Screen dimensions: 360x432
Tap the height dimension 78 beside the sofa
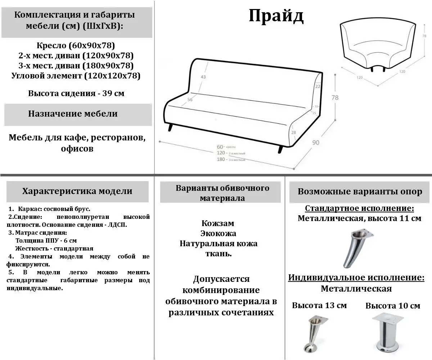point(334,98)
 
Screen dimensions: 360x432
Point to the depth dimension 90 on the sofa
point(315,143)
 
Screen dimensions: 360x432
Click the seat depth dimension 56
point(190,100)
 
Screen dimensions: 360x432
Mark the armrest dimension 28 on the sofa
point(293,133)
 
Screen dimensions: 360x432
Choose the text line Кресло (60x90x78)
point(76,46)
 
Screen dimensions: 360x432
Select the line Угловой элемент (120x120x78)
point(76,76)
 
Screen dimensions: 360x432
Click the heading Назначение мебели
point(73,114)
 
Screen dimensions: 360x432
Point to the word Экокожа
point(218,233)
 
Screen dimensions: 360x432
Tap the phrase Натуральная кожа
point(218,243)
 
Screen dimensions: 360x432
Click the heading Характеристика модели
point(77,191)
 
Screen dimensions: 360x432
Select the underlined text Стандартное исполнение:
point(359,208)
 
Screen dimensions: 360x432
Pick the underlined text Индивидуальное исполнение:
point(356,278)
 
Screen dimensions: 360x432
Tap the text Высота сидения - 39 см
point(76,93)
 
